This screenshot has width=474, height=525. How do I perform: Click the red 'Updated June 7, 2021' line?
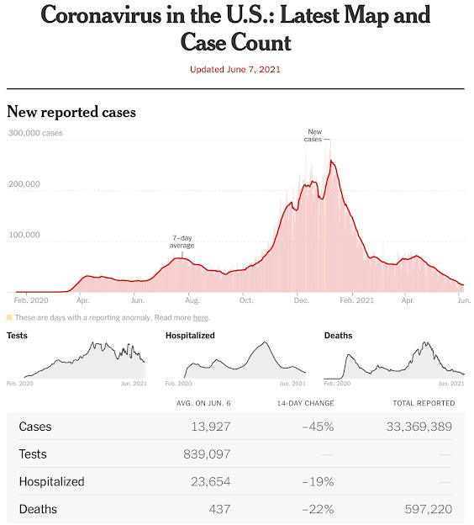point(234,69)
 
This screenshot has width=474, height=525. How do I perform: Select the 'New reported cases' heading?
point(71,112)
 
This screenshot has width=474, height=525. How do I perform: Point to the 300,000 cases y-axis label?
point(35,133)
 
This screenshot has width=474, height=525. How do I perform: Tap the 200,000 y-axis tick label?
point(24,183)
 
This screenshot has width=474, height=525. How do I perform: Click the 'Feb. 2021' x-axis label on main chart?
point(356,300)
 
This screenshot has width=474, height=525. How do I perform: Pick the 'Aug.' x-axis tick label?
point(192,300)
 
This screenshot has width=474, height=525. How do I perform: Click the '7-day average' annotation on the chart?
point(182,241)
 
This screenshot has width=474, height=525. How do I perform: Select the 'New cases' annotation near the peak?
point(313,135)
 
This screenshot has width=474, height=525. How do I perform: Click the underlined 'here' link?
point(201,317)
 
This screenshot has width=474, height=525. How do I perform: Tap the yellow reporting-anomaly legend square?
point(9,317)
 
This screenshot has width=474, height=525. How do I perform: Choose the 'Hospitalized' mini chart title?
point(190,336)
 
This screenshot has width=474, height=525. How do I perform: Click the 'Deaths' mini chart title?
point(338,336)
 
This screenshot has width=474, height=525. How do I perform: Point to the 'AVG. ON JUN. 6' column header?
point(203,403)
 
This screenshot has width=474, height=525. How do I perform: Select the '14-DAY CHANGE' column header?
point(305,403)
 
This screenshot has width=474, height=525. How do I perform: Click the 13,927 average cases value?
point(211,427)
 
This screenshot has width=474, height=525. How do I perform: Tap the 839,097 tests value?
point(207,454)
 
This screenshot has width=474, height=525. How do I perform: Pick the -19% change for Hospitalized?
point(318,482)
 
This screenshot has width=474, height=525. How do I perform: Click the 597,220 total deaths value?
point(429,509)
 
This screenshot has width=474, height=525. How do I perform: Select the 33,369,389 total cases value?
point(419,427)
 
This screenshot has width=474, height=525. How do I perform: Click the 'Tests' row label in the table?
point(33,454)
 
